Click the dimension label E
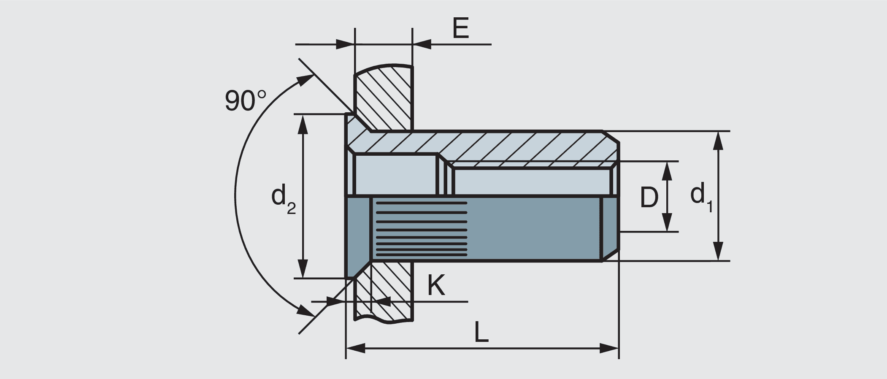point(460,28)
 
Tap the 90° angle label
point(245,101)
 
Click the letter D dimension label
point(649,198)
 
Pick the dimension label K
point(436,286)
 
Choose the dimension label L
point(481,333)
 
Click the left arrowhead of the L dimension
point(356,349)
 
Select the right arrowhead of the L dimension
point(609,349)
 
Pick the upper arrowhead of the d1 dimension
point(718,141)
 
